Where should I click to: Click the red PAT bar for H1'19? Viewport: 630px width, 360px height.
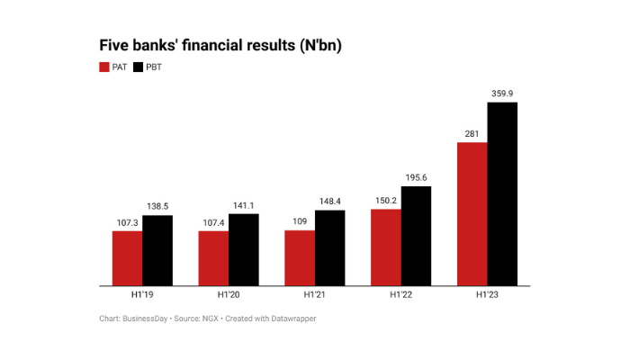point(127,258)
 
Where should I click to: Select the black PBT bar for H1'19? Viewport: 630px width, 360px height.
point(157,250)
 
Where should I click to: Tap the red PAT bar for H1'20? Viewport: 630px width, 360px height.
point(213,258)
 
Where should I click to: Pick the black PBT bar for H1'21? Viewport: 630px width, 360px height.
point(329,247)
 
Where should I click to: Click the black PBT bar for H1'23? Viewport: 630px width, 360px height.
point(502,193)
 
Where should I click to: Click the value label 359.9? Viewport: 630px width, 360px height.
point(502,93)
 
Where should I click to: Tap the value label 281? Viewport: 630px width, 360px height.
point(472,133)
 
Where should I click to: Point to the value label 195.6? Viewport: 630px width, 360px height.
point(416,177)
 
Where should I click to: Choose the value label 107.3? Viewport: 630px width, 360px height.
point(127,221)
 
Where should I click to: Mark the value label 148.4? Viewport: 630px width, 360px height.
point(329,201)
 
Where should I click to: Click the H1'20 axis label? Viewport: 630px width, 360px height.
point(229,296)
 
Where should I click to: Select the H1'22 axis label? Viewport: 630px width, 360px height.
point(400,296)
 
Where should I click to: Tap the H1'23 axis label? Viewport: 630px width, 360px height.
point(487,296)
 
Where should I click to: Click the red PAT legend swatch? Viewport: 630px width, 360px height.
point(103,67)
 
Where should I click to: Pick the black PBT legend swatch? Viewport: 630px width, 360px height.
point(138,67)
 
